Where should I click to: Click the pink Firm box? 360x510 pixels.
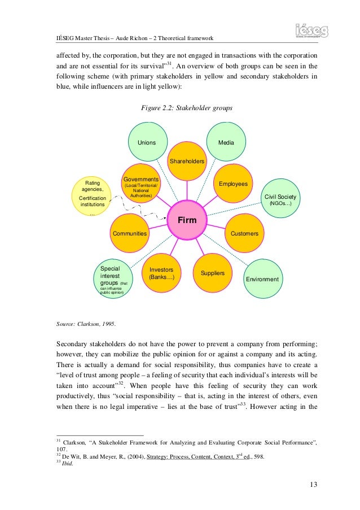[187, 220]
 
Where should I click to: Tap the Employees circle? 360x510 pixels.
[233, 184]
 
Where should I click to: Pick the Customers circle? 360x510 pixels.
[244, 233]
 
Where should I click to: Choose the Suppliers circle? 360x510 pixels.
[212, 273]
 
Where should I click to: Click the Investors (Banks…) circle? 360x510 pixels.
[161, 273]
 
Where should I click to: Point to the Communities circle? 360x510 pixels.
[130, 233]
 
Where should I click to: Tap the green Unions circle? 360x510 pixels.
[146, 142]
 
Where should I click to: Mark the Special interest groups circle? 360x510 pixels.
[113, 279]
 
